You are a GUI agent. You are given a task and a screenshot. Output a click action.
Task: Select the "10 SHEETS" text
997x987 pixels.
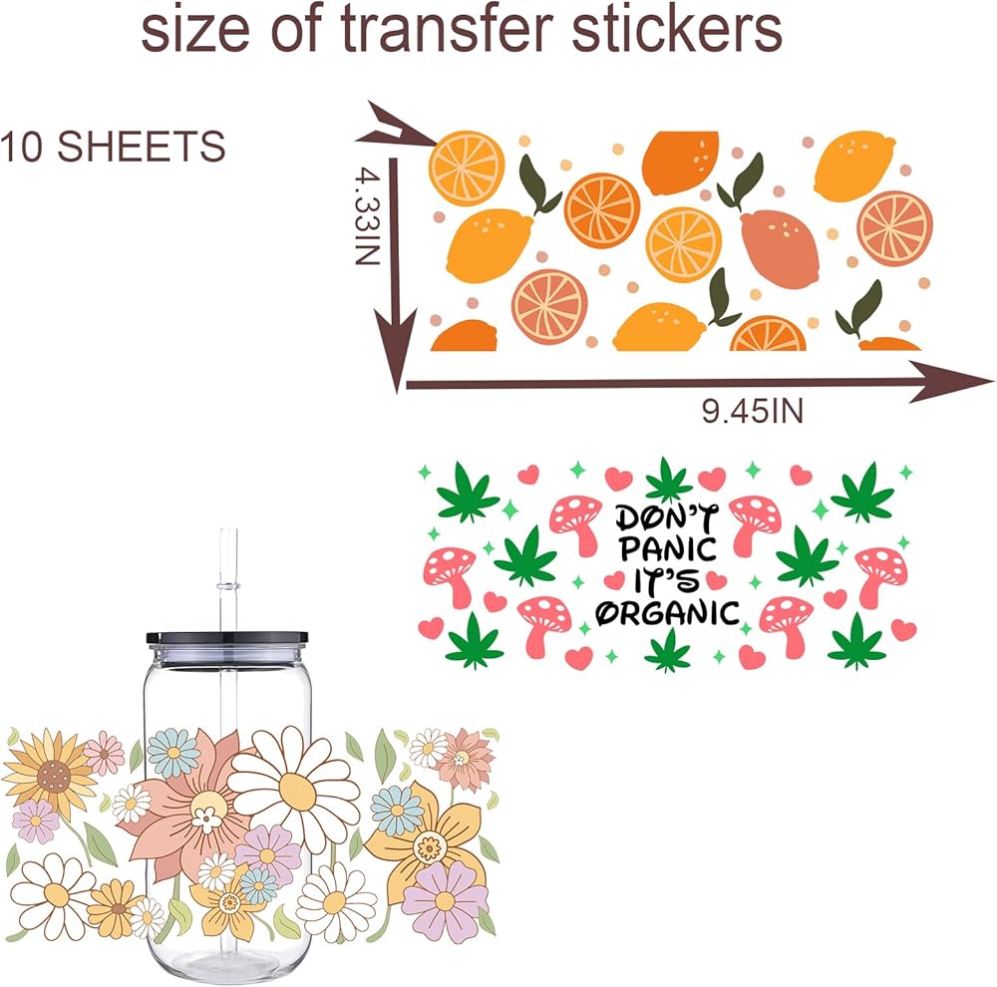[112, 147]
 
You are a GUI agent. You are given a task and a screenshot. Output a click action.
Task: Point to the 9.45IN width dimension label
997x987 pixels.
[752, 410]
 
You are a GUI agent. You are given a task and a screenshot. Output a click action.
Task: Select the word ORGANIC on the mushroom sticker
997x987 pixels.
[668, 612]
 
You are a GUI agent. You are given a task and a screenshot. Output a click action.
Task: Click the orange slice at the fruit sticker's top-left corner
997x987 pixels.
[467, 167]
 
